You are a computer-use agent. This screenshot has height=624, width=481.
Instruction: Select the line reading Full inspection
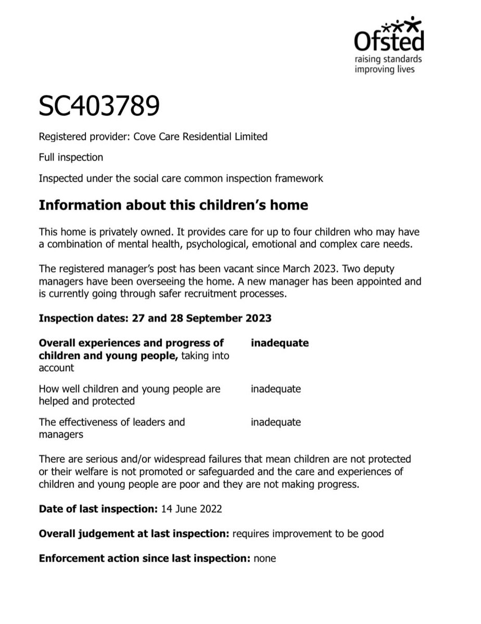click(x=71, y=157)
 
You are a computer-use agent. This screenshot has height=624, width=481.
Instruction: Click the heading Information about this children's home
click(x=173, y=205)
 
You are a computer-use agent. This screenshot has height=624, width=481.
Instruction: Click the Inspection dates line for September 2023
click(x=155, y=318)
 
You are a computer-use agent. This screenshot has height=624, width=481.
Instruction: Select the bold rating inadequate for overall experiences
click(x=280, y=343)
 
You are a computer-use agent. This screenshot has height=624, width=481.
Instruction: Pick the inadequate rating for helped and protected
click(x=275, y=389)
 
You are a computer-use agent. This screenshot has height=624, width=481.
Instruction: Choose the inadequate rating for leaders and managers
click(x=275, y=422)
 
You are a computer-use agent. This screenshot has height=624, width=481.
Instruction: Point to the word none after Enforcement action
click(x=264, y=559)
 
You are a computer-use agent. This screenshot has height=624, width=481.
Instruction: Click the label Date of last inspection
click(x=96, y=509)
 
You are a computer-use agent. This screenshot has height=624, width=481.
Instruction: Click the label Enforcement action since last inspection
click(x=144, y=559)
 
